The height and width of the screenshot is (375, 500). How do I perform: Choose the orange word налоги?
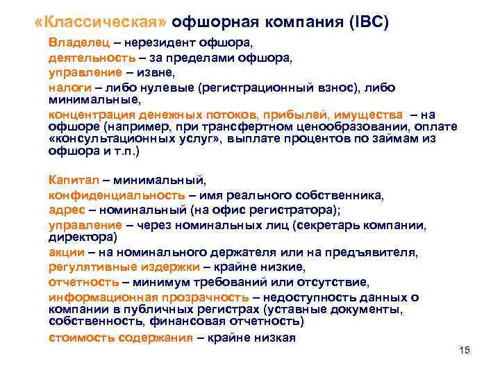pyautogui.click(x=68, y=88)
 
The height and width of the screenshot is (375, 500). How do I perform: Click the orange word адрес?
pyautogui.click(x=67, y=210)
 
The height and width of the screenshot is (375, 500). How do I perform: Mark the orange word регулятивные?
pyautogui.click(x=87, y=266)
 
